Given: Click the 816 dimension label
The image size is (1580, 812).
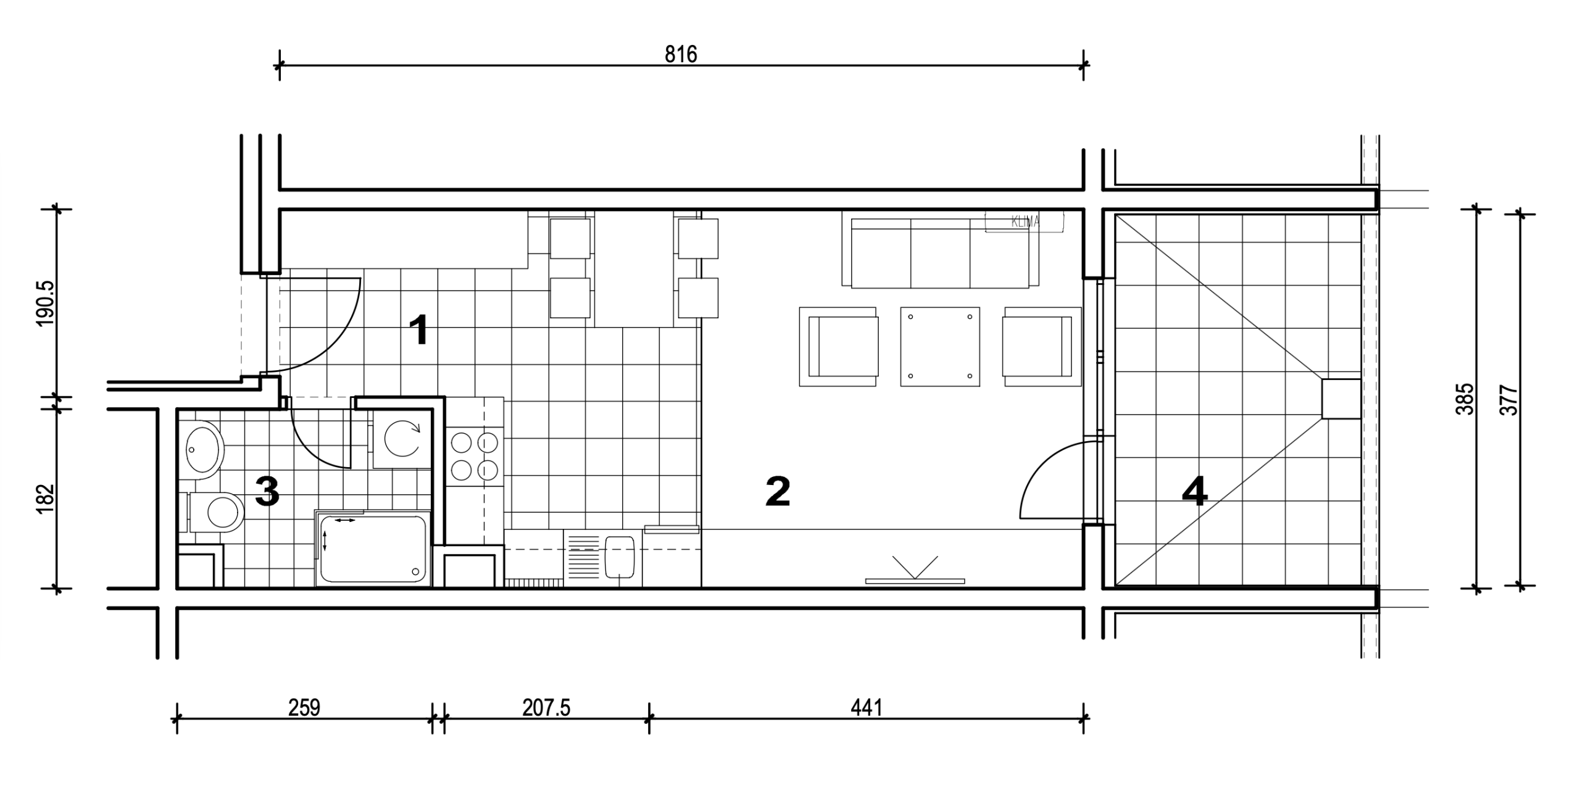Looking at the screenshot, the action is (681, 55).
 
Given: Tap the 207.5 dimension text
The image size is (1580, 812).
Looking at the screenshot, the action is (546, 708).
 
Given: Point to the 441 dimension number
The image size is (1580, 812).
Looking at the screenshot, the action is (867, 708).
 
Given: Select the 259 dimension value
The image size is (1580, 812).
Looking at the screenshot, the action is (304, 708).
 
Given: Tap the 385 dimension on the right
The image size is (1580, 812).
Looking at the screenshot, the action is (1465, 399).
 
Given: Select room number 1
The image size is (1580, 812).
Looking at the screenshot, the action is (420, 330).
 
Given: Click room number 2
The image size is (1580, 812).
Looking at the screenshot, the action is (778, 491).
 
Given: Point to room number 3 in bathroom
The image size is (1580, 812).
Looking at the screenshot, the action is (267, 492).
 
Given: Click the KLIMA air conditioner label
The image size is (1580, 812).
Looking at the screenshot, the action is (1025, 222).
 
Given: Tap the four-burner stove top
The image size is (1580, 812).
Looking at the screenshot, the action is (475, 457).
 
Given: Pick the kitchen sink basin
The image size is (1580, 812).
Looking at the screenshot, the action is (620, 557).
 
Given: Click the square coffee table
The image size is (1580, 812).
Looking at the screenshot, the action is (940, 347).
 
